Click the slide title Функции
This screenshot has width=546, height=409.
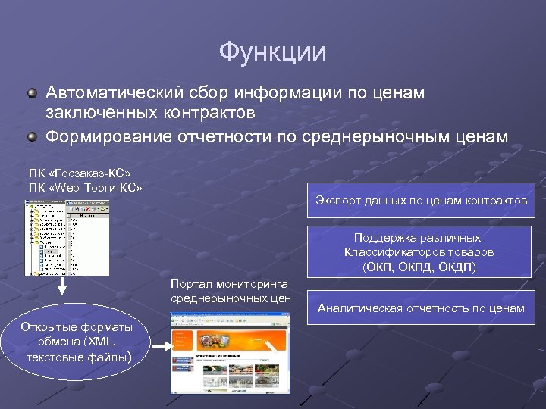(x=272, y=52)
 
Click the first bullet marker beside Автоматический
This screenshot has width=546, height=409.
(x=33, y=93)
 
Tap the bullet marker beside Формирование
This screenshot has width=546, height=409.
(x=33, y=137)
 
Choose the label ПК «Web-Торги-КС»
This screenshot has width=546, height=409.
(x=85, y=186)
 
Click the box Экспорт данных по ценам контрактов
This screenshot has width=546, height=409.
(x=421, y=201)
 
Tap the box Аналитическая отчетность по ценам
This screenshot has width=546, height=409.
(x=421, y=308)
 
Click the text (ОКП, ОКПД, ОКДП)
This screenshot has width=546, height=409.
(x=419, y=267)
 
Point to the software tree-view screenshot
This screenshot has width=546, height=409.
(x=65, y=237)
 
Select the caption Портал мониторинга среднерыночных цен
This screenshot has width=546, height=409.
(x=231, y=291)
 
